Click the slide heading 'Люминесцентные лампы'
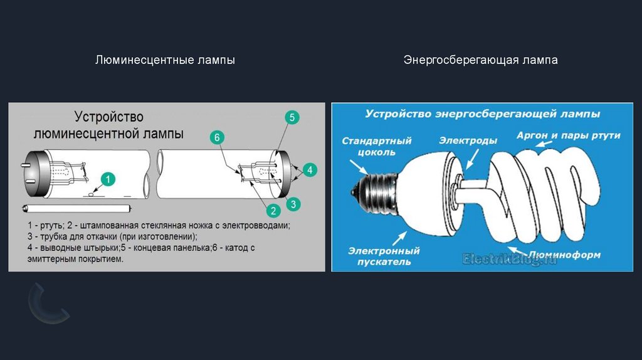point(165,61)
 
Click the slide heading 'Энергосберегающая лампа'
point(480,61)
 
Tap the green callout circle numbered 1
point(107,180)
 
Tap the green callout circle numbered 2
point(273,211)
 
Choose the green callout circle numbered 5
point(292,117)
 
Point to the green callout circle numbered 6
point(216,137)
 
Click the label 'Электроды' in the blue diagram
point(468,140)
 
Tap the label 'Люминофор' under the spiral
point(564,255)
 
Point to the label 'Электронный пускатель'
point(384,256)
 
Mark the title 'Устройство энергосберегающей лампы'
point(483,114)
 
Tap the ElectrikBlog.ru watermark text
point(509,258)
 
